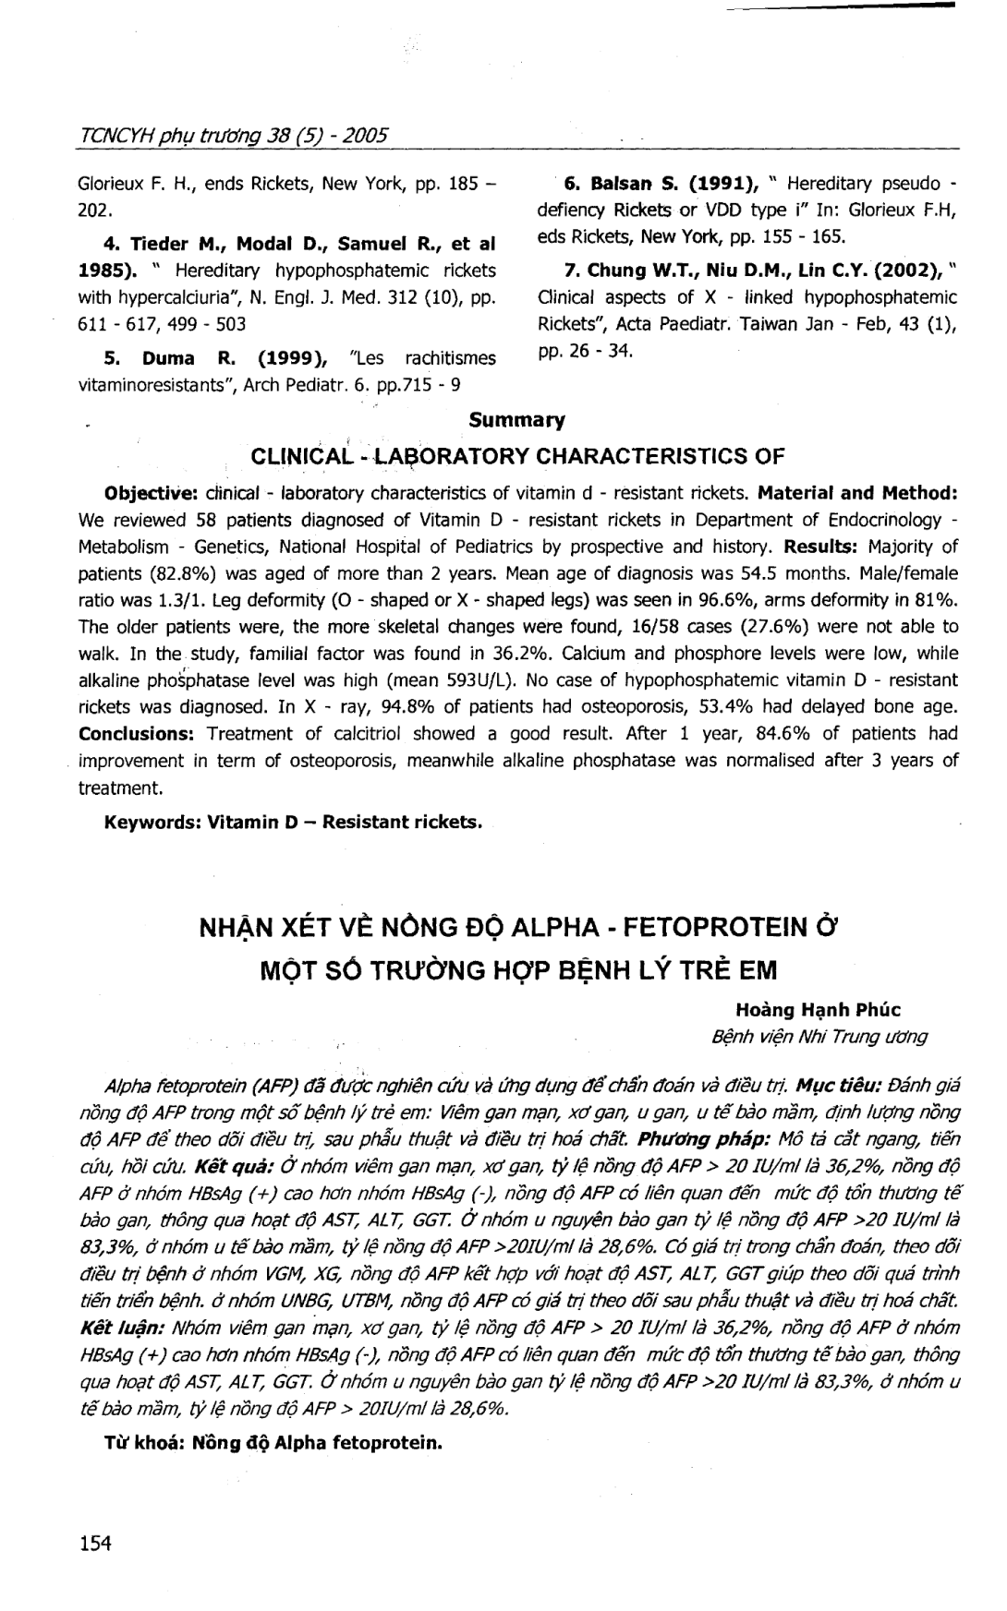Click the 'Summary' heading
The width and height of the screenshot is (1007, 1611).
pos(516,420)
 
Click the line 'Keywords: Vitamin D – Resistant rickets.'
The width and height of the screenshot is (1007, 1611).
pos(294,821)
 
